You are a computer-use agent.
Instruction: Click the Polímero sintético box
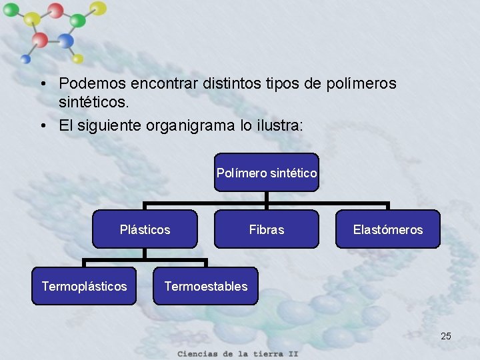tap(267, 173)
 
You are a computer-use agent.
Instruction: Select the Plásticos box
tap(145, 229)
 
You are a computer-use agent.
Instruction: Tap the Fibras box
tap(267, 229)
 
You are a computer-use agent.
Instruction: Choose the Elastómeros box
tap(387, 229)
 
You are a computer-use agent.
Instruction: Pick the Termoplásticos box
tap(84, 286)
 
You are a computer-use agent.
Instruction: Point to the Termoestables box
tap(205, 286)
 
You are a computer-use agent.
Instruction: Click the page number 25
tap(446, 336)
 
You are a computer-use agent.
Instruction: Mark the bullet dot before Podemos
tap(42, 85)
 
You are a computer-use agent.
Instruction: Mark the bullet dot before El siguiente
tap(42, 126)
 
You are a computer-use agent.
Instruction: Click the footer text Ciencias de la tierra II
tap(237, 353)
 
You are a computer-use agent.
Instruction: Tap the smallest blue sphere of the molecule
tap(25, 59)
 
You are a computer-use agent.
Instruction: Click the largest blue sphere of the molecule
tap(65, 41)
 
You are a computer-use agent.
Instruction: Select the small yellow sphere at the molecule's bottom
tap(77, 59)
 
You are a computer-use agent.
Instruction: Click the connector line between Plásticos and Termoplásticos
tap(84, 260)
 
